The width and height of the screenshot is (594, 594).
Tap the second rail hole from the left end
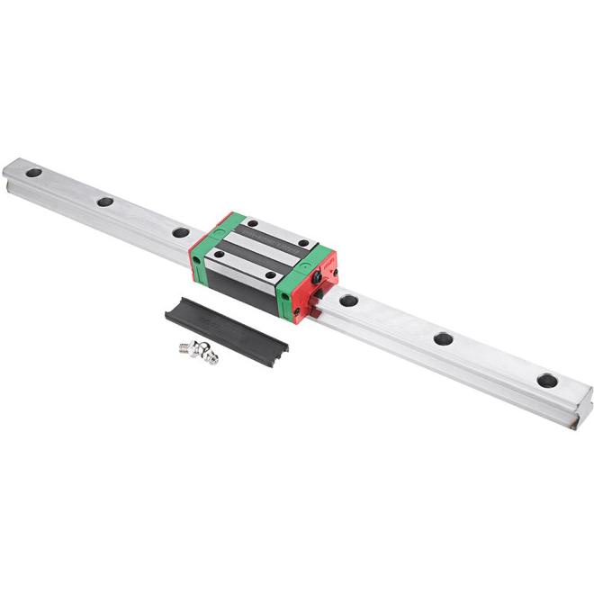[x=105, y=202]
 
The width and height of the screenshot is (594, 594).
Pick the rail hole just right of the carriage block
[x=349, y=300]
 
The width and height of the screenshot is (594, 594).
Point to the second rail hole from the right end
[x=443, y=338]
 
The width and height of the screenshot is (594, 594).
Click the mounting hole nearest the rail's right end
[x=546, y=380]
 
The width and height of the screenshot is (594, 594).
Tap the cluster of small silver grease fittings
[x=200, y=354]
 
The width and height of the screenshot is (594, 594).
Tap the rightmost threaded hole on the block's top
[x=304, y=243]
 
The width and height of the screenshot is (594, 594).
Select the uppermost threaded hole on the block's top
[x=253, y=223]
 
